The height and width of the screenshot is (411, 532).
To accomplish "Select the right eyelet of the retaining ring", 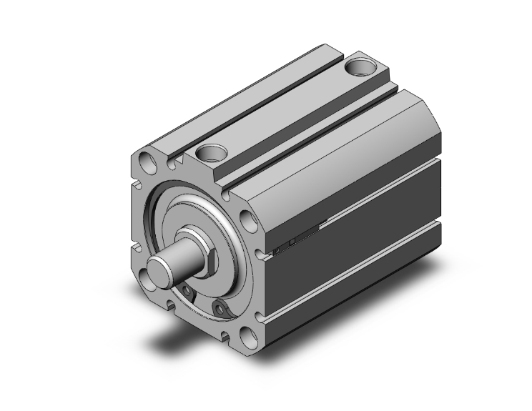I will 220,308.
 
